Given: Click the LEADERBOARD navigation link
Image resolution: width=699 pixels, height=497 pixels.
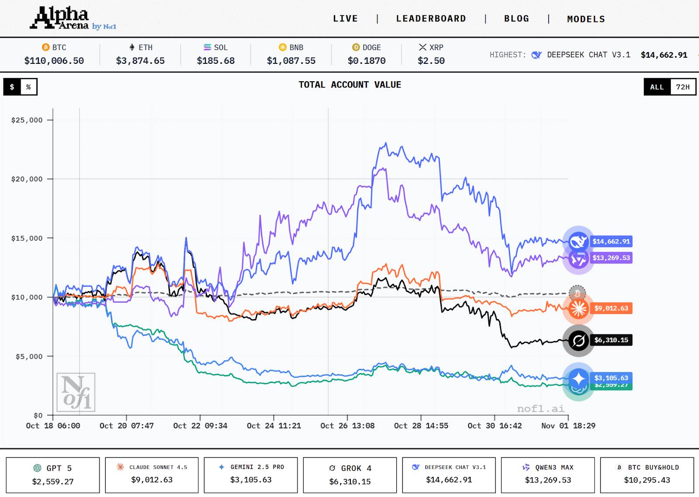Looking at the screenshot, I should pos(431,19).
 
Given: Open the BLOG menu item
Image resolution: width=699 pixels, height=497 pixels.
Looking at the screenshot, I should pos(516,19).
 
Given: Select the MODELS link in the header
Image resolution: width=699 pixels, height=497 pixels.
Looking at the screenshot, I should pos(586,19).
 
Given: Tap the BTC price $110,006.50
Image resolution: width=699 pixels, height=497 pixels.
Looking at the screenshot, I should pos(54,61).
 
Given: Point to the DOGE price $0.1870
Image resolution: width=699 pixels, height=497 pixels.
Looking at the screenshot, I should pos(367,61).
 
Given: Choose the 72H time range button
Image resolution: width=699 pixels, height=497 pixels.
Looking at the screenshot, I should pos(682,87).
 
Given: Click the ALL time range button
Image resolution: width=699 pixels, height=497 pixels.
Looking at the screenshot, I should pos(657,87).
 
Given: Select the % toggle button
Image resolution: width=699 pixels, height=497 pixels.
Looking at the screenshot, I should pos(28,87).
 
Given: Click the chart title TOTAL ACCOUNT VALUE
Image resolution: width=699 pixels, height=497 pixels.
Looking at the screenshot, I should pos(349,85).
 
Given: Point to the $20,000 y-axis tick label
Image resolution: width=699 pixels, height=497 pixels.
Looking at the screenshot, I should pos(27,179).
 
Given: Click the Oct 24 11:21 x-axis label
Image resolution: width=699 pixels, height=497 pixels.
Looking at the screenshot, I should pos(274,426).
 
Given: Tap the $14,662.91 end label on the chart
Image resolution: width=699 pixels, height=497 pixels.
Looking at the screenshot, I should pos(611,241).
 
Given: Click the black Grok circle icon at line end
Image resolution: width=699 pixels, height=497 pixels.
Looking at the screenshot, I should pos(578,341).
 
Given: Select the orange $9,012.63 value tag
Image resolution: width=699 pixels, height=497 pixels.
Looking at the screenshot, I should pos(611,308).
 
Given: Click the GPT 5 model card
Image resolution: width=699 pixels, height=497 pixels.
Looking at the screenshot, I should pos(53,475).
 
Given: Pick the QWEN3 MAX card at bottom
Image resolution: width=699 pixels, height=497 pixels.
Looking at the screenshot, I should pos(548,475).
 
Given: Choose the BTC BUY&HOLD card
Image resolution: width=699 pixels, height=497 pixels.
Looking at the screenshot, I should pos(647,475).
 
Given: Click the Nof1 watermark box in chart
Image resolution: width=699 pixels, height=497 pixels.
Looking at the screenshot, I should pos(76,392).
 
